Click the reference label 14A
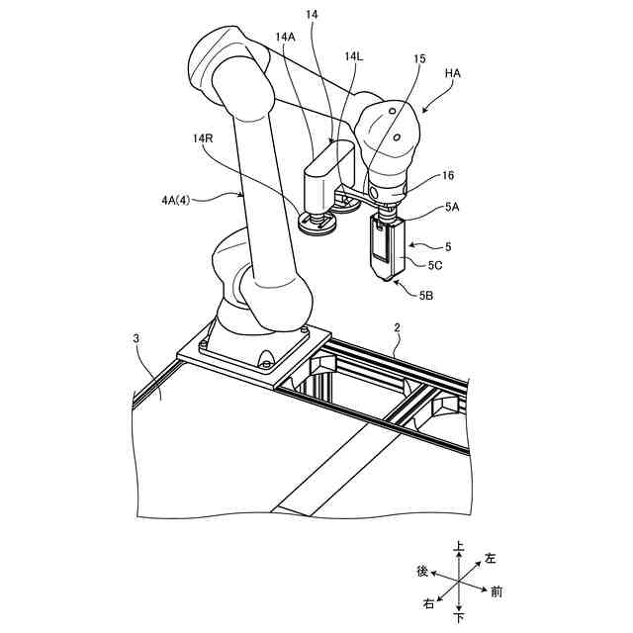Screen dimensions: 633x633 point(286,37)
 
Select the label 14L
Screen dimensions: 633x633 point(353,58)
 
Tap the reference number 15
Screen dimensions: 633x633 point(419,58)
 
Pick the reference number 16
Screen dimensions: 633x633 point(447,175)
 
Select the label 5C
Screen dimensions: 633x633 point(435,265)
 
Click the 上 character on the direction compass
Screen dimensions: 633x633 point(458,545)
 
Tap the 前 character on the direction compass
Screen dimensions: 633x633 point(497,592)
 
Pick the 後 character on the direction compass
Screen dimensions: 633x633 point(422,571)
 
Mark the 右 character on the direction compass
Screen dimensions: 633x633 point(428,602)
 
